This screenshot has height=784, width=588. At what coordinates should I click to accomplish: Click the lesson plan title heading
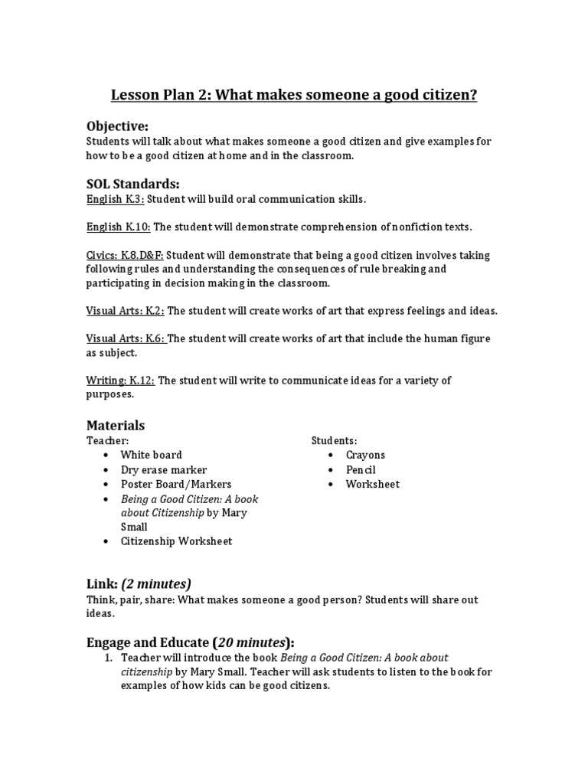(x=294, y=96)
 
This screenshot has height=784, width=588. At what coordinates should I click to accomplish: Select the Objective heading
(x=117, y=126)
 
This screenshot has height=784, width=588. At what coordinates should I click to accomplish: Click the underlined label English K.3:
(x=115, y=199)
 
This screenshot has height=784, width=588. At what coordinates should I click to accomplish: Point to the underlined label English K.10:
(x=118, y=227)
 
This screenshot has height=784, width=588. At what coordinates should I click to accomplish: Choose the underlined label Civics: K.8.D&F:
(x=125, y=255)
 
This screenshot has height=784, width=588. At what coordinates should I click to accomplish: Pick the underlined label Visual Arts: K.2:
(x=125, y=311)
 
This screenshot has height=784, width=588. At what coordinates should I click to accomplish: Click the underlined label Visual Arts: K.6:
(x=125, y=338)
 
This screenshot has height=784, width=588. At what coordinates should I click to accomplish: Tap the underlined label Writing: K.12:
(x=119, y=381)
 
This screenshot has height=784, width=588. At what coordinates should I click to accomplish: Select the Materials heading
(x=115, y=425)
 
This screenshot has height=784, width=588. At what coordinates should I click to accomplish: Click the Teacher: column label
(x=107, y=441)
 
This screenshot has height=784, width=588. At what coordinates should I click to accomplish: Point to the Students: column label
(x=334, y=441)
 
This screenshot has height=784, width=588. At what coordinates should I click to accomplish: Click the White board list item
(x=151, y=455)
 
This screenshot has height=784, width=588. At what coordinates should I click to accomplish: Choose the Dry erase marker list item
(x=163, y=469)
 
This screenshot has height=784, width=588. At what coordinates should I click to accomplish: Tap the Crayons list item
(x=365, y=455)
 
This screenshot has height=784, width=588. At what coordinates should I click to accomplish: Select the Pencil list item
(x=361, y=469)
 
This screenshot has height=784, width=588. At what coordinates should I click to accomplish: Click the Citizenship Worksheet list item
(x=176, y=541)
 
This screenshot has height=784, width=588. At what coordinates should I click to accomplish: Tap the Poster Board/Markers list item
(x=175, y=484)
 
